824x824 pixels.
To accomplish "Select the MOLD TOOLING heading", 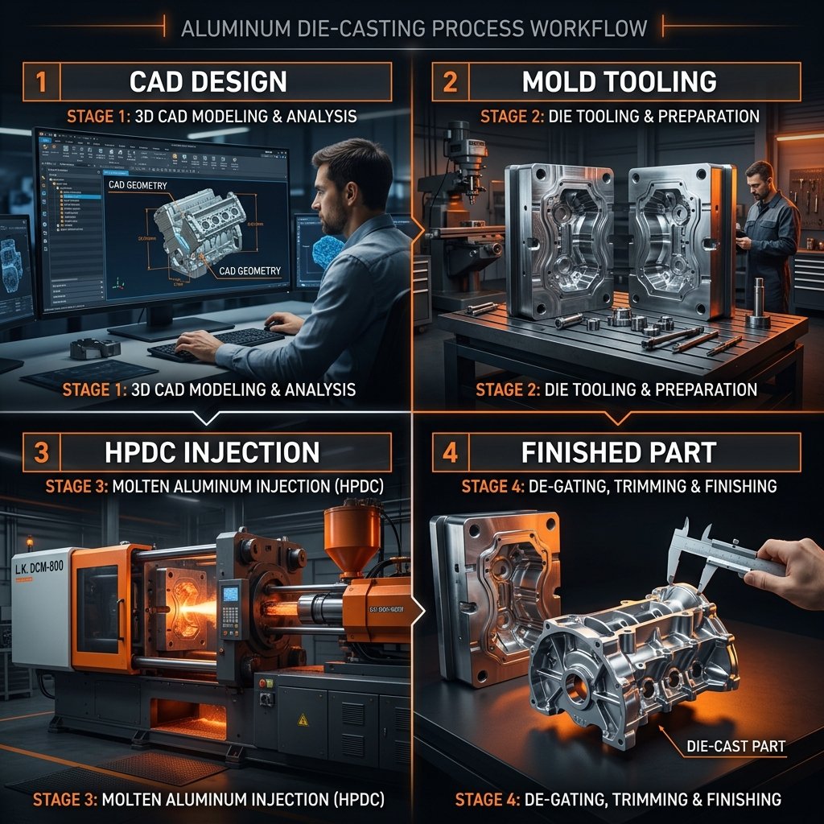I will [619, 82].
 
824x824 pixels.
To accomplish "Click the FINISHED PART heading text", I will [618, 452].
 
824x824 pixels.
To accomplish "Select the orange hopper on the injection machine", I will [351, 534].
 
